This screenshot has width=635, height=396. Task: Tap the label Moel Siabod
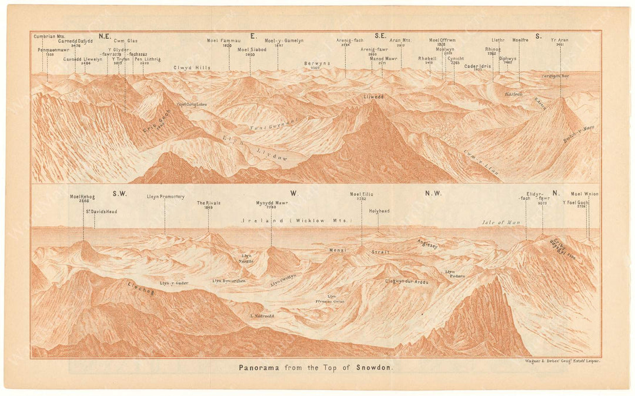252,49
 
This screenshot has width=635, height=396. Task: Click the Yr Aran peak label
560,41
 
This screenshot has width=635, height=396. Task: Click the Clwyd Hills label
192,68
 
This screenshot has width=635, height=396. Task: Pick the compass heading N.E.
105,36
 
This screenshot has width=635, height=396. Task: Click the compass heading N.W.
433,193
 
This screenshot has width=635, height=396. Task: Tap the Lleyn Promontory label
166,197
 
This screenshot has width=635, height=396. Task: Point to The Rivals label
208,203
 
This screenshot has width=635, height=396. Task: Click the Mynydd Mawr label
272,203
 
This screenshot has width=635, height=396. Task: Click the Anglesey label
427,245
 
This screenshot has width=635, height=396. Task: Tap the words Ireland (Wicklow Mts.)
295,220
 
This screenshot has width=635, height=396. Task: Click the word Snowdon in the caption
375,368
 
